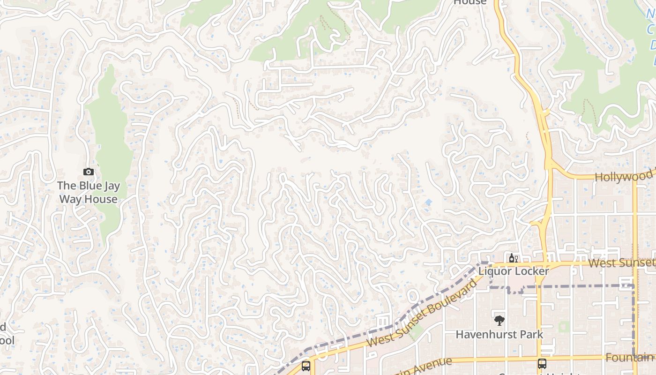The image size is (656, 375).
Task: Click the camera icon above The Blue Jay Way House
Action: [x=89, y=172]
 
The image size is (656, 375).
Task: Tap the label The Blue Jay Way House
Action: [x=88, y=192]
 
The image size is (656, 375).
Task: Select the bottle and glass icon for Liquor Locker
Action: [x=513, y=258]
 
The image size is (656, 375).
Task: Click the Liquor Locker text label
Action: [x=513, y=271]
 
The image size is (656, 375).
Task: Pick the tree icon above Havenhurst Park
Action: [x=499, y=321]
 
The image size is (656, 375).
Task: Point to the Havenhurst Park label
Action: [x=499, y=334]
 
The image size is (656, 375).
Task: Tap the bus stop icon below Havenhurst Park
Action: [x=542, y=363]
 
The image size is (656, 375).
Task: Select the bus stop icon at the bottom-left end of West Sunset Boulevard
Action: [x=306, y=366]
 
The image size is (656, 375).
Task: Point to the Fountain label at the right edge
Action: [x=629, y=358]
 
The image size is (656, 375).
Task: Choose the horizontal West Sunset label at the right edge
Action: [x=621, y=262]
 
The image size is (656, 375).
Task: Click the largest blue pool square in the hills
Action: [x=428, y=202]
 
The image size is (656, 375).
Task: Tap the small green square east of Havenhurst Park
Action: [x=564, y=327]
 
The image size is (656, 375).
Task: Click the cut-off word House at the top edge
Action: [x=470, y=2]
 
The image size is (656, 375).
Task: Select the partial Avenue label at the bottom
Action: [x=424, y=365]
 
